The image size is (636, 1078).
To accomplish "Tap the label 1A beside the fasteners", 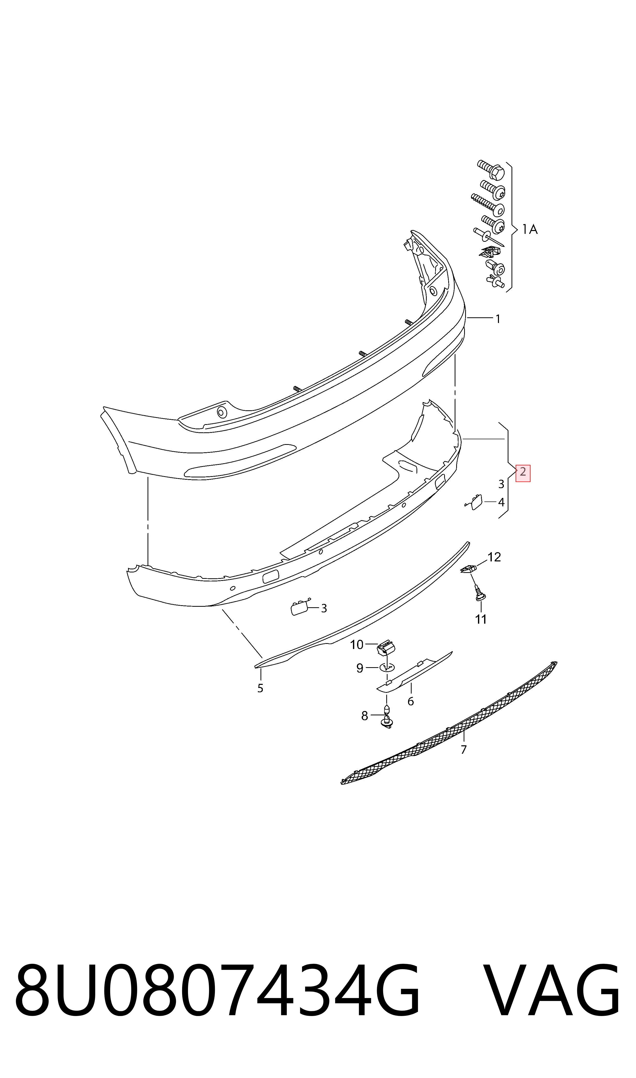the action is (x=530, y=230).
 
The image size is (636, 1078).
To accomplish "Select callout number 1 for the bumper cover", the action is (x=498, y=319).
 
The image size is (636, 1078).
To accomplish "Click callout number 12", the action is (x=494, y=557).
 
